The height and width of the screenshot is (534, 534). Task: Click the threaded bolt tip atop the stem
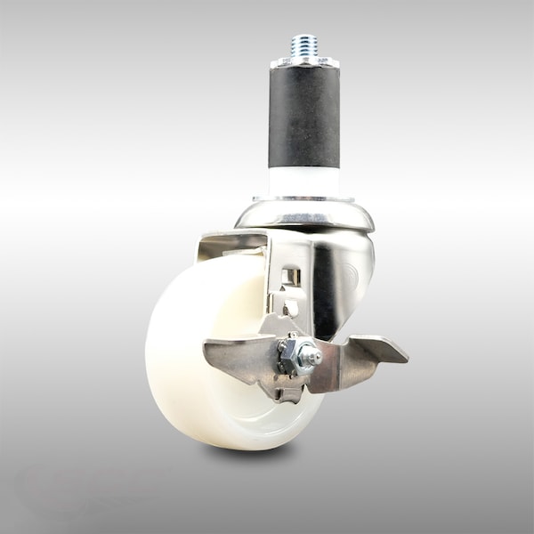[x=303, y=44]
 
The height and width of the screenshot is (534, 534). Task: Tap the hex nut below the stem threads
[x=303, y=61]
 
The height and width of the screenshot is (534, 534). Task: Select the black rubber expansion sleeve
[x=303, y=116]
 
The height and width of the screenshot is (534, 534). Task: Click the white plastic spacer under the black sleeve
[x=303, y=181]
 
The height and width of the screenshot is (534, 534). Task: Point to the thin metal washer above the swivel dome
[x=303, y=198]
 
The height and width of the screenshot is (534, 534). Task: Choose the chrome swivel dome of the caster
[x=304, y=215]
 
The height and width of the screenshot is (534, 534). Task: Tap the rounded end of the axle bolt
[x=311, y=357]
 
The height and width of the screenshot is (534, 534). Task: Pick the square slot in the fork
[x=287, y=279]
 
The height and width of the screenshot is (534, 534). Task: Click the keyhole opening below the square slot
[x=288, y=308]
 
